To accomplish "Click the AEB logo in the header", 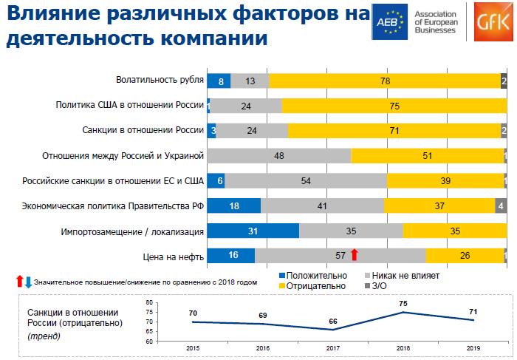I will tap(390, 21).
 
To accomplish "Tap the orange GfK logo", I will tap(491, 21).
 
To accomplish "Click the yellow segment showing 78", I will tap(385, 81).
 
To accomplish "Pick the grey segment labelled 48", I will tap(279, 156).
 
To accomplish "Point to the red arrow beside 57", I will tap(355, 255).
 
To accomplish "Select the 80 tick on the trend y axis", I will tap(169, 303).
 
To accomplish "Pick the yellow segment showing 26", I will tap(465, 256).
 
